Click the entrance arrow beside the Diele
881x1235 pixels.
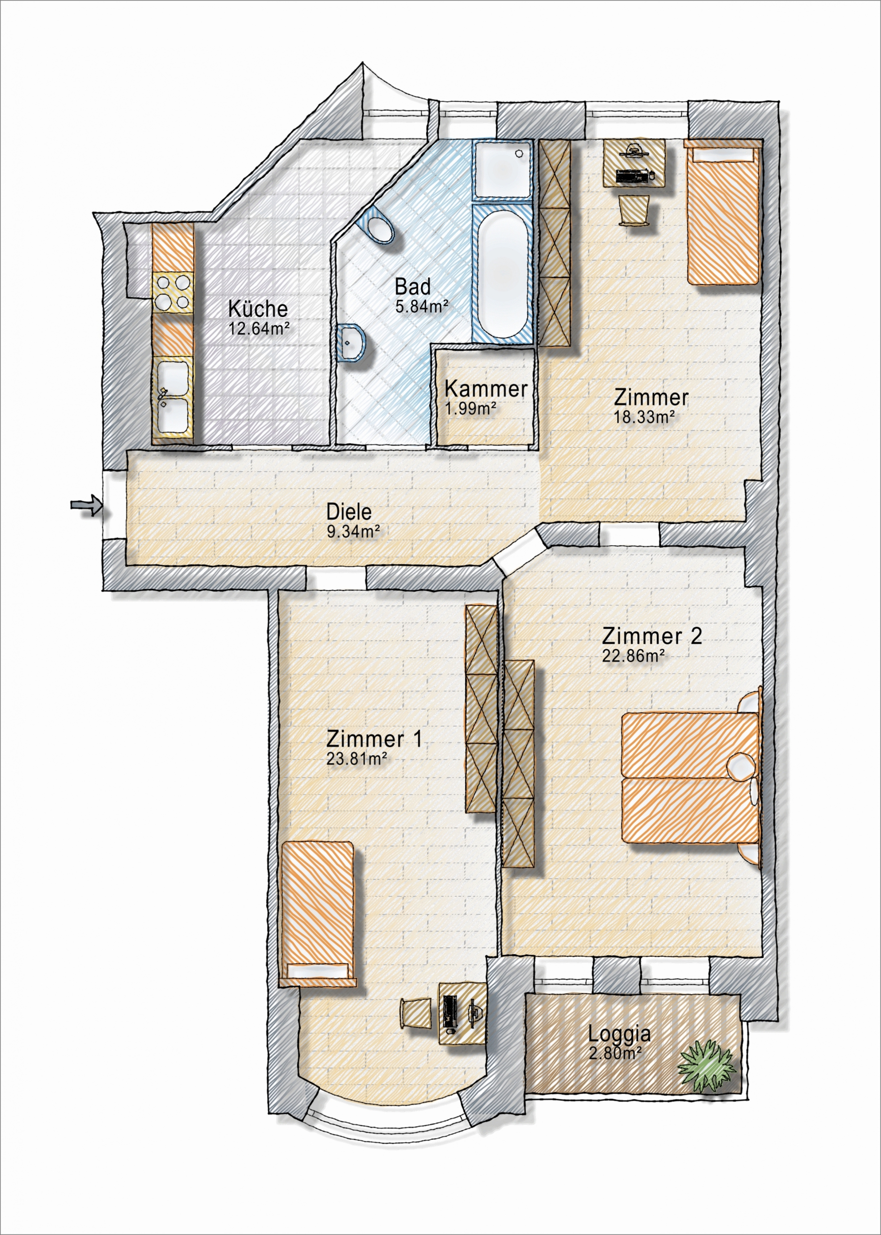click(86, 506)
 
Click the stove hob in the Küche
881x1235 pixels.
click(173, 292)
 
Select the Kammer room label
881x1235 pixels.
click(485, 389)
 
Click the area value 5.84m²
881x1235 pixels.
click(422, 307)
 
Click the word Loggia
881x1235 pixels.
click(619, 1034)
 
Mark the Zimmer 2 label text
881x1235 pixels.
click(652, 635)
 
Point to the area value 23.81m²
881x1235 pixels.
click(357, 758)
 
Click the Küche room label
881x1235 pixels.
click(258, 309)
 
